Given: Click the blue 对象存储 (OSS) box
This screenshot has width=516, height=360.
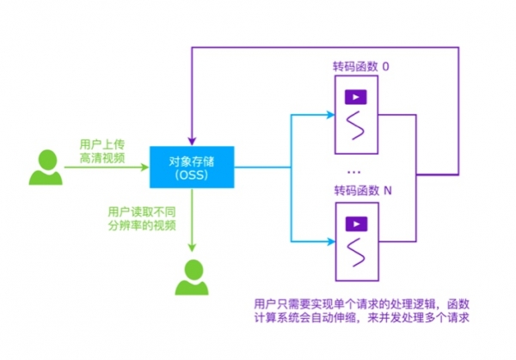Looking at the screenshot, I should (x=190, y=168).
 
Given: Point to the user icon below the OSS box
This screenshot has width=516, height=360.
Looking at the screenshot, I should (x=192, y=276).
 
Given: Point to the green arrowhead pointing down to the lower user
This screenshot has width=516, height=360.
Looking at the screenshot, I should (x=192, y=247).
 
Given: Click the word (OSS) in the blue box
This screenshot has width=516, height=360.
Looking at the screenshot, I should (x=190, y=176).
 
